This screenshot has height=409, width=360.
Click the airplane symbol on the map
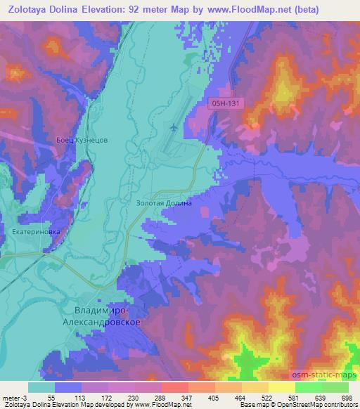[x=174, y=127]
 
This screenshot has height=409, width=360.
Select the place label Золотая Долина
[x=164, y=202]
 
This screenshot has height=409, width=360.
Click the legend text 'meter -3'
[x=13, y=397]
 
